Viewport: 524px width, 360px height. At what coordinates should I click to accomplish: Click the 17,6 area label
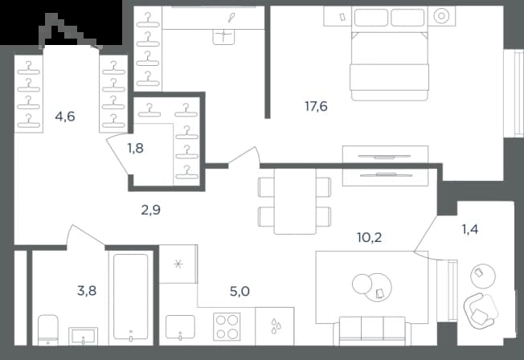(x=316, y=107)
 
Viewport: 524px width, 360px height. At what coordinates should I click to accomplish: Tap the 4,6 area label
(x=65, y=117)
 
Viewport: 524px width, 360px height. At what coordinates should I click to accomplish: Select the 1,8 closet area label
(x=135, y=148)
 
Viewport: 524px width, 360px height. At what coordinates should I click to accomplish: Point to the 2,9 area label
(x=151, y=210)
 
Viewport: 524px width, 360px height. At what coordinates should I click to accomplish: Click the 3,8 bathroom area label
(x=87, y=291)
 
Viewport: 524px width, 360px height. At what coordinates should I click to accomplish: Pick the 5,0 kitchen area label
(x=239, y=292)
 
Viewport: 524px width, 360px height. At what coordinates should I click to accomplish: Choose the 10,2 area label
(x=369, y=238)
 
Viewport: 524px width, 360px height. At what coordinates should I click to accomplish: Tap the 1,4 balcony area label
(x=469, y=229)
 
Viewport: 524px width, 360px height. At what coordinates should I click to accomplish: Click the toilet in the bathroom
(x=47, y=330)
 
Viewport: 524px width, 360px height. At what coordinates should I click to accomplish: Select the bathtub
(x=131, y=297)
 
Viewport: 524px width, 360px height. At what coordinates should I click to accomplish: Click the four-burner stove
(x=227, y=326)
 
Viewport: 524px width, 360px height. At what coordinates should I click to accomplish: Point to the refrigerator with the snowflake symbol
(x=178, y=264)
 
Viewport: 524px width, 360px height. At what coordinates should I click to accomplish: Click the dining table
(x=295, y=201)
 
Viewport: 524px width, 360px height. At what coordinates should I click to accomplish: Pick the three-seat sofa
(x=372, y=330)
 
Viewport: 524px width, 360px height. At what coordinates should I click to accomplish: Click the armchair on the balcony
(x=480, y=311)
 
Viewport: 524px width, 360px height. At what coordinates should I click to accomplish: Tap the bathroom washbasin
(x=84, y=336)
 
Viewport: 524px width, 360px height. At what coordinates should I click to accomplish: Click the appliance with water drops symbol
(x=275, y=326)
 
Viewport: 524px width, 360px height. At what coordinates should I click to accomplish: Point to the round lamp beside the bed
(x=441, y=16)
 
